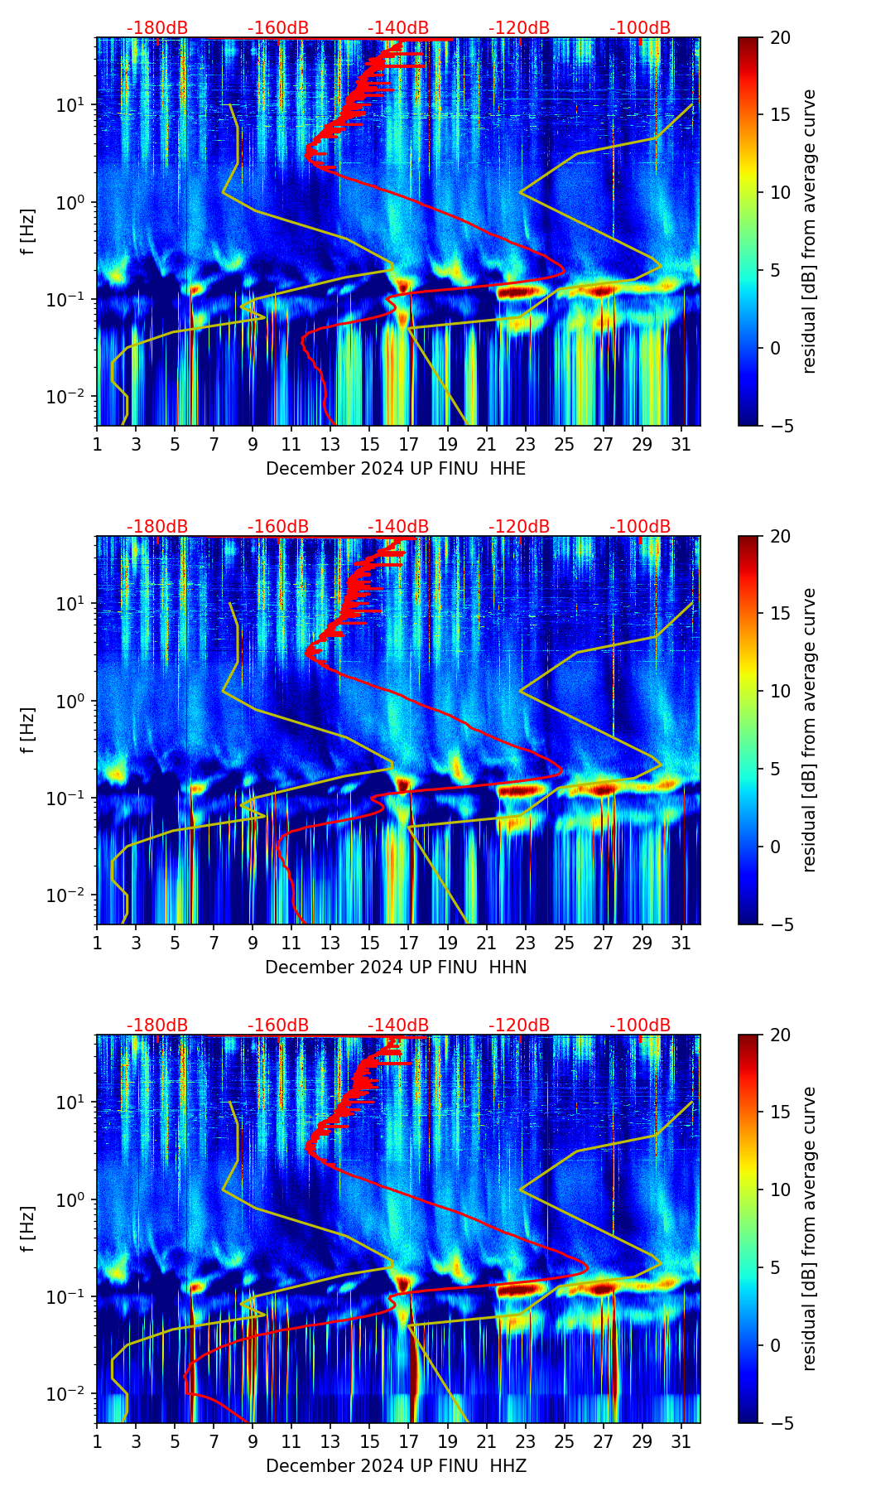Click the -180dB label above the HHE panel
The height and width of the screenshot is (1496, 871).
(x=157, y=28)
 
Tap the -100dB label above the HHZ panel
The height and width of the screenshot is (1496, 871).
(x=640, y=1025)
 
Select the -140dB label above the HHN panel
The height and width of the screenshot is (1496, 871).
(x=398, y=527)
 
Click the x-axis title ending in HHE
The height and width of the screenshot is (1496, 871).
(x=396, y=469)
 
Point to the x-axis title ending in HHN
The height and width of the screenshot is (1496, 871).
(x=396, y=968)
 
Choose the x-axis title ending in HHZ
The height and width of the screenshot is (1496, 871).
(x=396, y=1466)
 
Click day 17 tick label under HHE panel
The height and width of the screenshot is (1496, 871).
(x=408, y=445)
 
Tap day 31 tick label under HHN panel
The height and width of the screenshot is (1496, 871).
(x=681, y=943)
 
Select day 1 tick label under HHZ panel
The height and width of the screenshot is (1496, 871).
(x=97, y=1442)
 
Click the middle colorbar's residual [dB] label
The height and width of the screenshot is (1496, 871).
(x=809, y=730)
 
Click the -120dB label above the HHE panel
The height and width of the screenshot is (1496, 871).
(x=519, y=28)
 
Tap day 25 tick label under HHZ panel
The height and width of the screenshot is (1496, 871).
(x=564, y=1442)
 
